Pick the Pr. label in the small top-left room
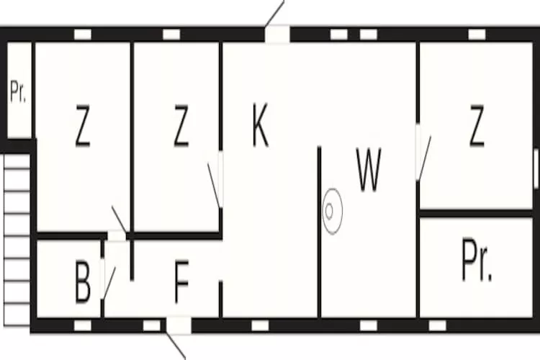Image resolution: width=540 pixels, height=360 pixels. [x=19, y=92]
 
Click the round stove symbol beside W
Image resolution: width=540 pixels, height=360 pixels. [x=332, y=211]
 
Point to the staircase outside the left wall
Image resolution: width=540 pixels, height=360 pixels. [x=17, y=238]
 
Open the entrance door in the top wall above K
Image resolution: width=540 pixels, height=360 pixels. [x=277, y=33]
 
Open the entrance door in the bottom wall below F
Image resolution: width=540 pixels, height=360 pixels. [x=179, y=325]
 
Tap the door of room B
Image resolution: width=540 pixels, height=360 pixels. [x=107, y=277]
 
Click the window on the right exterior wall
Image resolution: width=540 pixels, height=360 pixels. [x=535, y=170]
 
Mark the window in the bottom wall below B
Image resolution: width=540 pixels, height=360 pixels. [x=83, y=325]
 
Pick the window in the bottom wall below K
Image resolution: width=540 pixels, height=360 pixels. [x=260, y=325]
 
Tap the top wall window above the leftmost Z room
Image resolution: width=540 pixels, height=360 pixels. [x=83, y=34]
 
